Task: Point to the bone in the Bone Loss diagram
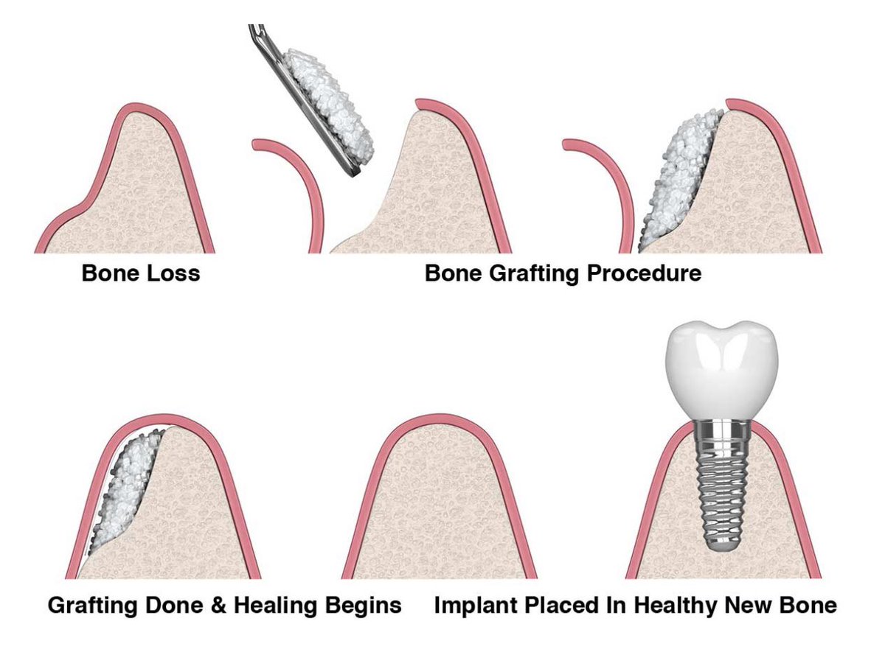[x=147, y=192]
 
